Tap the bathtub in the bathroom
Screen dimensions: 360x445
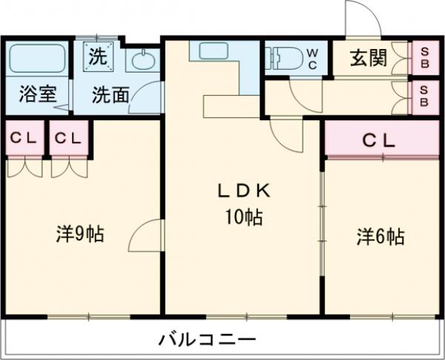pyautogui.click(x=36, y=58)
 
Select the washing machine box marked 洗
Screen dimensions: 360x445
pyautogui.click(x=98, y=56)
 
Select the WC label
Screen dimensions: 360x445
pyautogui.click(x=312, y=59)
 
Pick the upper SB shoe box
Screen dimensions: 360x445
pyautogui.click(x=424, y=57)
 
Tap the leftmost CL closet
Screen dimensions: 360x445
pyautogui.click(x=24, y=138)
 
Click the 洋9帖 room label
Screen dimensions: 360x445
pyautogui.click(x=80, y=235)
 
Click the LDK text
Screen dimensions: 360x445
pyautogui.click(x=243, y=192)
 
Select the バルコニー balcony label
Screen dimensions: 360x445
pyautogui.click(x=208, y=341)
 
